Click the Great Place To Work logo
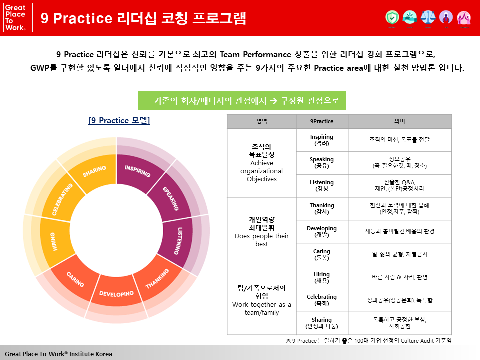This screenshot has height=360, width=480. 18,18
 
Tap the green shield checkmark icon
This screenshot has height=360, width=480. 392,17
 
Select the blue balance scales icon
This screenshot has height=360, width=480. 428,17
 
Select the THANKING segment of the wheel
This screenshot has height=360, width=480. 157,279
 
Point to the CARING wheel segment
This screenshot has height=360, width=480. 75,279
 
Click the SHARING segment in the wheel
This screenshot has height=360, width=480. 95,171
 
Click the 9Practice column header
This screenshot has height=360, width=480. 322,121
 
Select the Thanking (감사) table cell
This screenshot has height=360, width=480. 322,209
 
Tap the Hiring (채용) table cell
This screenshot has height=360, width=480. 322,277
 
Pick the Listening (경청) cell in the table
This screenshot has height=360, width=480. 322,186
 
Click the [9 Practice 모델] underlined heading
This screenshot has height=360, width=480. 119,120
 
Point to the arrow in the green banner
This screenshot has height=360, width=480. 273,100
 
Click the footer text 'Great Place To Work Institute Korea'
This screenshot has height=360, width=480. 59,354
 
